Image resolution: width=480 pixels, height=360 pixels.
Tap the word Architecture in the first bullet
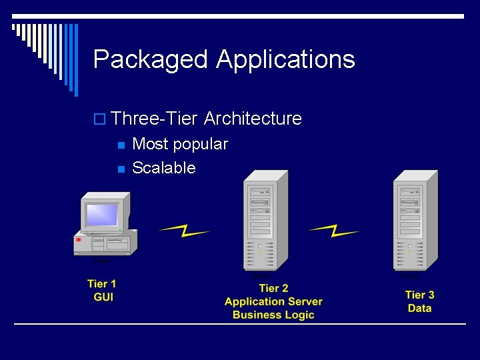(253, 119)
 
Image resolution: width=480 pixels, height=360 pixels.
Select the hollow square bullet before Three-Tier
(99, 119)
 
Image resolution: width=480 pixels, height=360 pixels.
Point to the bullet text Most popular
(180, 144)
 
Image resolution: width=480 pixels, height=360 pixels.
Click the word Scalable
(164, 168)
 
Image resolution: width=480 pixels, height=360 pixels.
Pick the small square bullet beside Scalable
(120, 169)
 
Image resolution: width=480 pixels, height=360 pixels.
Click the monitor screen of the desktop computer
(102, 215)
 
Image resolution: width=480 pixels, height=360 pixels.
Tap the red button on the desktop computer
(79, 239)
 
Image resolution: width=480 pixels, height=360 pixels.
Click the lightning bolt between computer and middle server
(184, 231)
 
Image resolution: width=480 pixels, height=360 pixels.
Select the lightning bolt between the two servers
(334, 231)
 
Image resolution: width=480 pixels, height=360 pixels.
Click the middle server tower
(265, 220)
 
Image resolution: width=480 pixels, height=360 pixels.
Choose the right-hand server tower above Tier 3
(415, 220)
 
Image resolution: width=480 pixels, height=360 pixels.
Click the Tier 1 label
(102, 284)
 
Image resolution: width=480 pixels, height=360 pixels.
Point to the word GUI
(103, 297)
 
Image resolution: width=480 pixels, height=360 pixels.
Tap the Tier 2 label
(273, 288)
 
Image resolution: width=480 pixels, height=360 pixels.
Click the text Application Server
(273, 301)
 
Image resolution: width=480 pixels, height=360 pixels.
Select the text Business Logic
(273, 315)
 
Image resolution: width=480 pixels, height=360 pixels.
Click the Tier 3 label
(419, 295)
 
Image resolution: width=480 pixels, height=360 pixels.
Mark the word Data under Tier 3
(419, 308)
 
